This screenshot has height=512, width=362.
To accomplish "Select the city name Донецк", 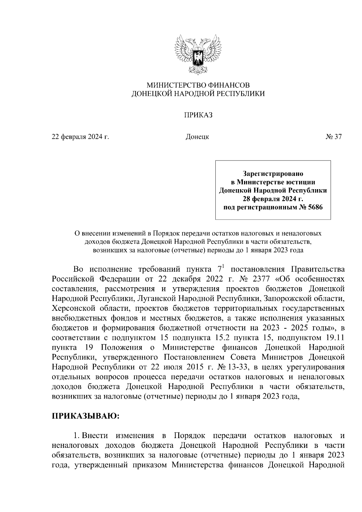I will tap(197, 137).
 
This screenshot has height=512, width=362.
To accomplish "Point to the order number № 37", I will tap(333, 137).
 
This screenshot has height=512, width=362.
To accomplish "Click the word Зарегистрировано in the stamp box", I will tap(273, 174).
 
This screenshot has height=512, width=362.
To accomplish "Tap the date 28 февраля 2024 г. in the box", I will tap(273, 199).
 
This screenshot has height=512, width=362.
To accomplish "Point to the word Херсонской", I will tap(70, 308).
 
